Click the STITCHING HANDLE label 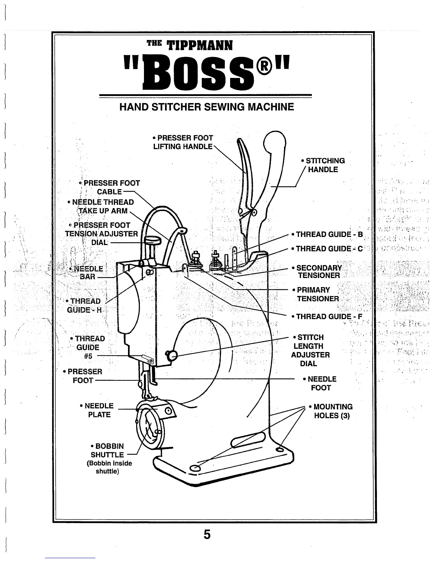click(x=323, y=165)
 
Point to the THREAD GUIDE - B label click(x=327, y=234)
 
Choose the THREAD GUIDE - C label click(x=327, y=249)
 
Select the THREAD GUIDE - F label click(x=327, y=317)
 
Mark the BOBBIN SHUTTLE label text click(x=107, y=450)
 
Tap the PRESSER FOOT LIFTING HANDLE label click(x=183, y=142)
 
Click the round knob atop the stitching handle click(x=275, y=141)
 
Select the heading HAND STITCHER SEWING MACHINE click(x=207, y=107)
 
